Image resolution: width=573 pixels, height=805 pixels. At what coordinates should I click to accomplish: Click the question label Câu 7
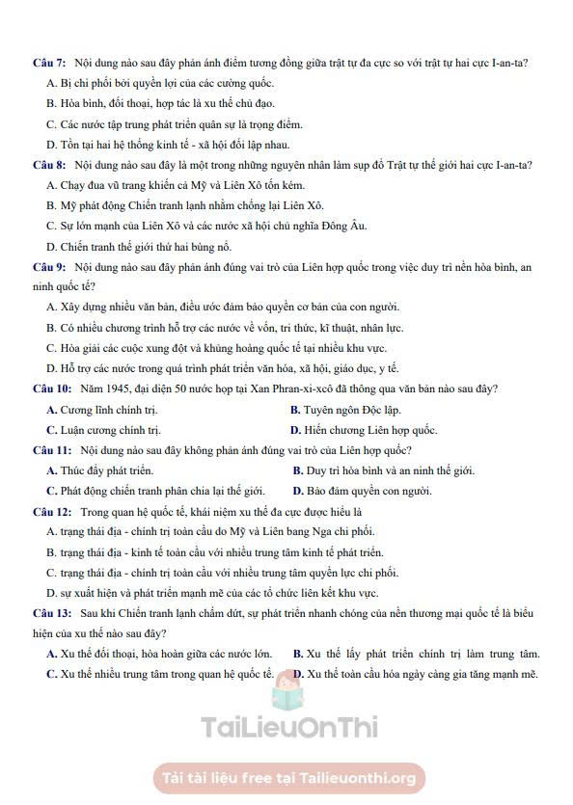[48, 64]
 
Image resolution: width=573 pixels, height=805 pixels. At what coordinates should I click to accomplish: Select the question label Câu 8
[48, 165]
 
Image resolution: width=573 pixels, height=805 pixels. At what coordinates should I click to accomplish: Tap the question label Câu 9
[48, 266]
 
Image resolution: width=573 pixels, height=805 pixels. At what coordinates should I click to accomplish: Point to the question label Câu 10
[51, 389]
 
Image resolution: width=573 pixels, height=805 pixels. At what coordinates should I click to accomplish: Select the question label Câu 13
[51, 612]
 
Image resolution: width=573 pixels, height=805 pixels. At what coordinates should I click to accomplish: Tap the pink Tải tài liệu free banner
[288, 777]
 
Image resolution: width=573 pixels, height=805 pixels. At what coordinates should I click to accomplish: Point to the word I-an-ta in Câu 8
[512, 165]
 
